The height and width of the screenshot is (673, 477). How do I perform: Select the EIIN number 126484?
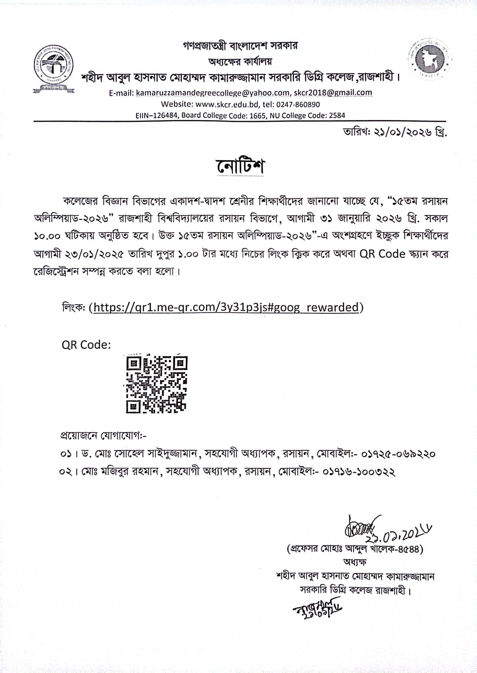tap(163, 115)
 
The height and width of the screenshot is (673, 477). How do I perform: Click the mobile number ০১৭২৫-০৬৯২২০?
tap(399, 454)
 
